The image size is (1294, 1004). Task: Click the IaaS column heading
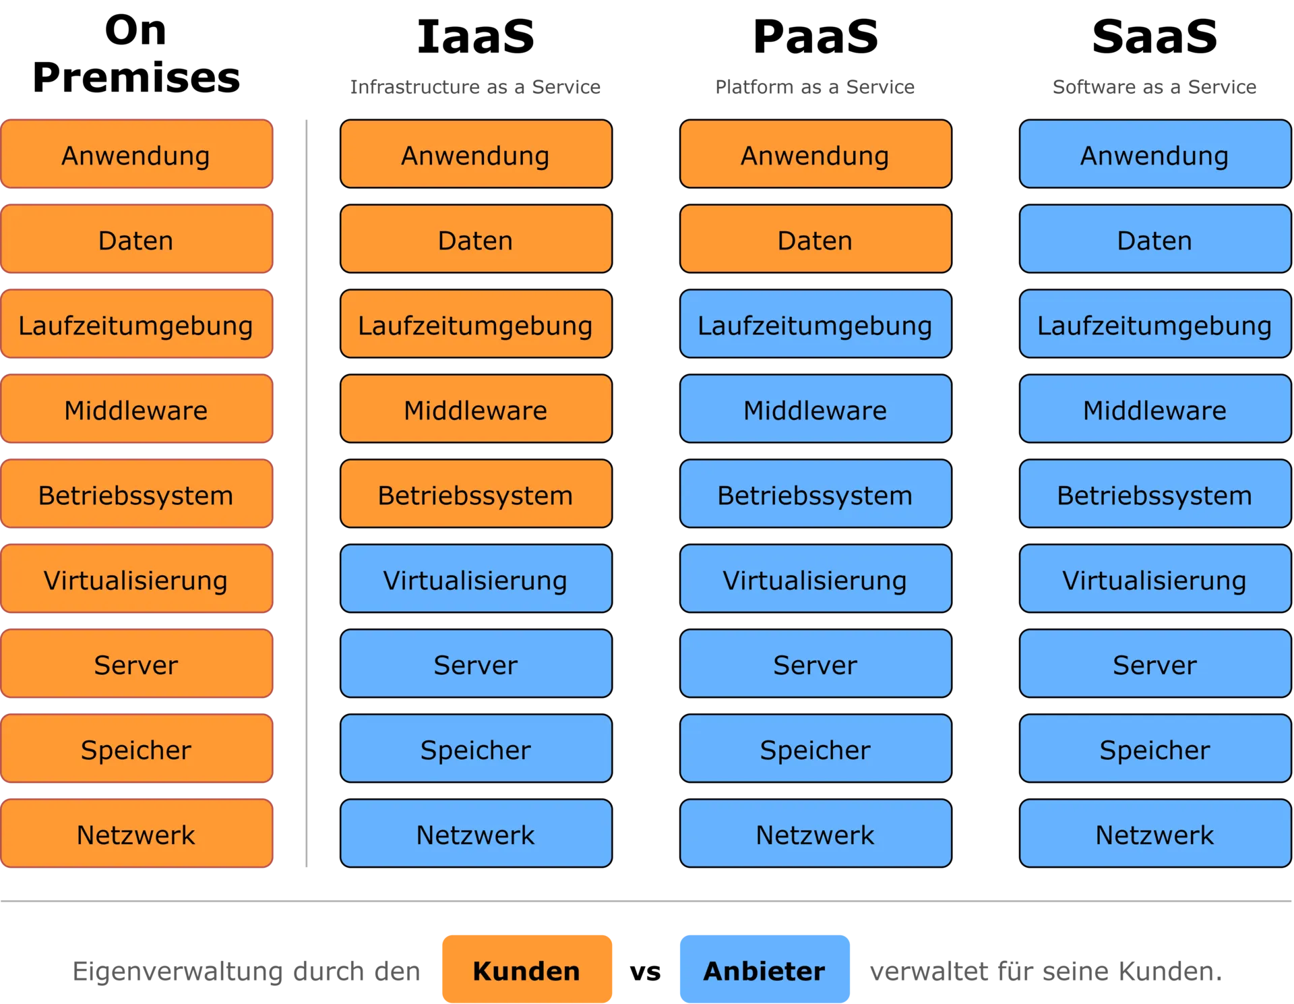tap(476, 36)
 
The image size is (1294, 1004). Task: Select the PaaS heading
tap(815, 36)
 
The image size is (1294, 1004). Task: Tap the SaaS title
tap(1154, 36)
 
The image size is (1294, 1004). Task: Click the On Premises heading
tap(136, 54)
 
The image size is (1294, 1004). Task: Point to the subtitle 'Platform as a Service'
tap(815, 87)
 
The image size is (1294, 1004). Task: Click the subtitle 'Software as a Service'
tap(1154, 87)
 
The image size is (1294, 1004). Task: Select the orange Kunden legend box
tap(527, 969)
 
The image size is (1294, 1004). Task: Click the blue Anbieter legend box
tap(764, 969)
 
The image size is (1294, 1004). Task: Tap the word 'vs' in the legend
tap(645, 972)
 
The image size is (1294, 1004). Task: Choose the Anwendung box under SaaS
tap(1155, 154)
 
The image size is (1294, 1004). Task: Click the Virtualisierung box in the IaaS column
tap(476, 579)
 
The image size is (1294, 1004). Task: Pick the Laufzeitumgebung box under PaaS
tap(815, 324)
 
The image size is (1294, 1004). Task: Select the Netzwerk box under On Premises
tap(136, 833)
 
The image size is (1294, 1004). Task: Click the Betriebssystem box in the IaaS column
tap(476, 494)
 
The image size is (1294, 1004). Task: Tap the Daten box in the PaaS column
tap(815, 239)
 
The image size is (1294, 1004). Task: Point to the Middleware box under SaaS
tap(1155, 409)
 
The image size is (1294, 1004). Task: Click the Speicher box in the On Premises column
tap(136, 748)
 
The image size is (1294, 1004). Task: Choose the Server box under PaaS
tap(815, 663)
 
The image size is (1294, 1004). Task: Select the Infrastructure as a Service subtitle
tap(475, 87)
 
